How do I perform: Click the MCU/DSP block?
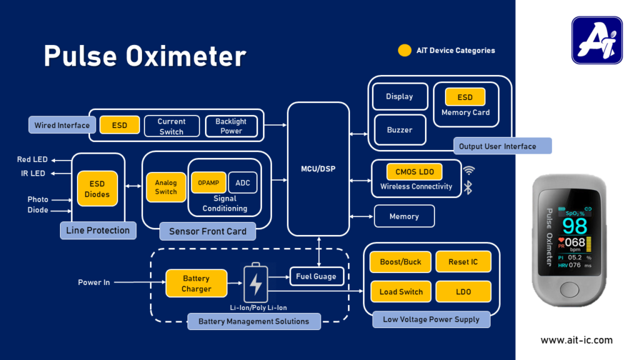click(318, 169)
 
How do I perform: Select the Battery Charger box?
click(196, 284)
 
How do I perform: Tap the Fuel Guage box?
click(316, 276)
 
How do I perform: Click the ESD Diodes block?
click(97, 189)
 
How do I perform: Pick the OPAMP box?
click(209, 182)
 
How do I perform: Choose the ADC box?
click(242, 182)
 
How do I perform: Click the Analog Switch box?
click(166, 187)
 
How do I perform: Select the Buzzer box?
click(399, 130)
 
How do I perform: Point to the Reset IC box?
click(463, 262)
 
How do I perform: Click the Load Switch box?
click(401, 292)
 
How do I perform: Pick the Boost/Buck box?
click(401, 262)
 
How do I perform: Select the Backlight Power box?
click(231, 126)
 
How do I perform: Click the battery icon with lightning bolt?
click(256, 284)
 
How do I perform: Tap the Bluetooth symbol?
click(467, 187)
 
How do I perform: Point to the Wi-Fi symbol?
click(468, 171)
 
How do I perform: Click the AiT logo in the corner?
click(597, 41)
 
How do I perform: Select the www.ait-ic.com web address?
click(576, 340)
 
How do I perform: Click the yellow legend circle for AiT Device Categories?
click(405, 51)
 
